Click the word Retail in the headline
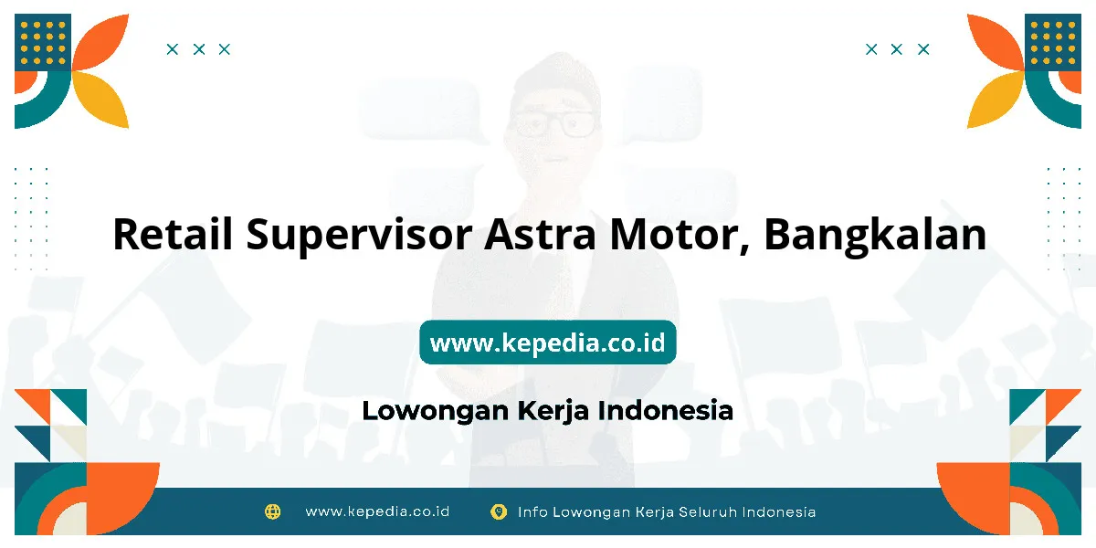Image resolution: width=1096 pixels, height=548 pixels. point(173,234)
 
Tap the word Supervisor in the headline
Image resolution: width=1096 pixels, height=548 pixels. point(359,237)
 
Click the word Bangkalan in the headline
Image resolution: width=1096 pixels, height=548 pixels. point(875,237)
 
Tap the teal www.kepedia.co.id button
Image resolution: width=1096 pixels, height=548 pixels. point(547,342)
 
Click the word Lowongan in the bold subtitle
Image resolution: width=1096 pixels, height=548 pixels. point(436,411)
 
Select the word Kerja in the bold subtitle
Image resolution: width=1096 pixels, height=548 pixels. point(553,411)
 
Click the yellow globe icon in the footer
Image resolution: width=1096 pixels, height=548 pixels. point(272,511)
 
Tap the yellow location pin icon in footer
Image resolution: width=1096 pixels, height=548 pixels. point(499,511)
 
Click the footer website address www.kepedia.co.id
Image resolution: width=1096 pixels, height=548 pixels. point(377,511)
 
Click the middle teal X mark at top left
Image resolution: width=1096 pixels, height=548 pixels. point(199,49)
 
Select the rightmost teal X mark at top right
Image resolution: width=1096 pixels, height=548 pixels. point(923,49)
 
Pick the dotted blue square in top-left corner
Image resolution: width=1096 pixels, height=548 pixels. point(43,42)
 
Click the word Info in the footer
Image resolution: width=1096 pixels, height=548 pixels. point(532,511)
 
